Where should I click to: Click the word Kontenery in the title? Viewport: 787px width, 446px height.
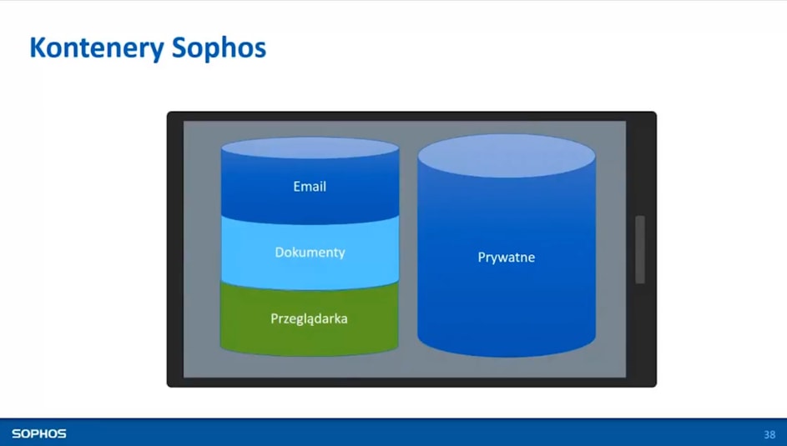[x=97, y=48]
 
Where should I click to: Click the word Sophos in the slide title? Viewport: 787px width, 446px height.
[x=219, y=48]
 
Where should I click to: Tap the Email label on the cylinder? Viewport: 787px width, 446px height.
[x=310, y=187]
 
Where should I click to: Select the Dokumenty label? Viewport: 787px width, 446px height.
[x=310, y=252]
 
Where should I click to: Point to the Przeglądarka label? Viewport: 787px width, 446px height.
[x=309, y=318]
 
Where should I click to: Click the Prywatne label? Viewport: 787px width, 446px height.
[x=506, y=258]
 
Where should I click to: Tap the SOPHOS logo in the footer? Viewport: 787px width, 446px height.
[x=39, y=433]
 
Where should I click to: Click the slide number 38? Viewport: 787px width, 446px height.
[x=769, y=434]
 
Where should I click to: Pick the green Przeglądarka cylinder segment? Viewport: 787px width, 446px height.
[x=309, y=321]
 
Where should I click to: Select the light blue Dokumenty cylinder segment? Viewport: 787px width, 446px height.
[x=310, y=253]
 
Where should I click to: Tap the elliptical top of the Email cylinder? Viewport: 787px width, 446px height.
[x=310, y=148]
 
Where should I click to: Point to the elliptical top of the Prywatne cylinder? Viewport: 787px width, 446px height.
[x=507, y=156]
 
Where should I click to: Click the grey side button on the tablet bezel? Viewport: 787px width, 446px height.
[x=640, y=249]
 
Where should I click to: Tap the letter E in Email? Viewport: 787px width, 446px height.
[x=296, y=187]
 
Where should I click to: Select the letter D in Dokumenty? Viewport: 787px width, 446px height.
[x=280, y=252]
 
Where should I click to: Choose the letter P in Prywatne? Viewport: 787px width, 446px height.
[x=482, y=257]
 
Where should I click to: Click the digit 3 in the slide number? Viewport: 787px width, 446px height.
[x=766, y=434]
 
